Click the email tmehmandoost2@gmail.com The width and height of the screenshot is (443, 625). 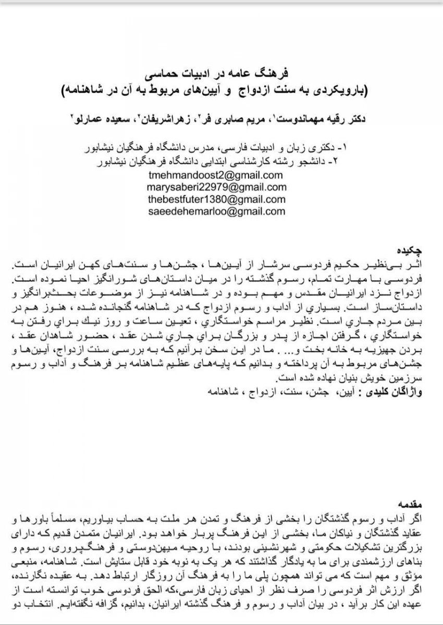point(216,175)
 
